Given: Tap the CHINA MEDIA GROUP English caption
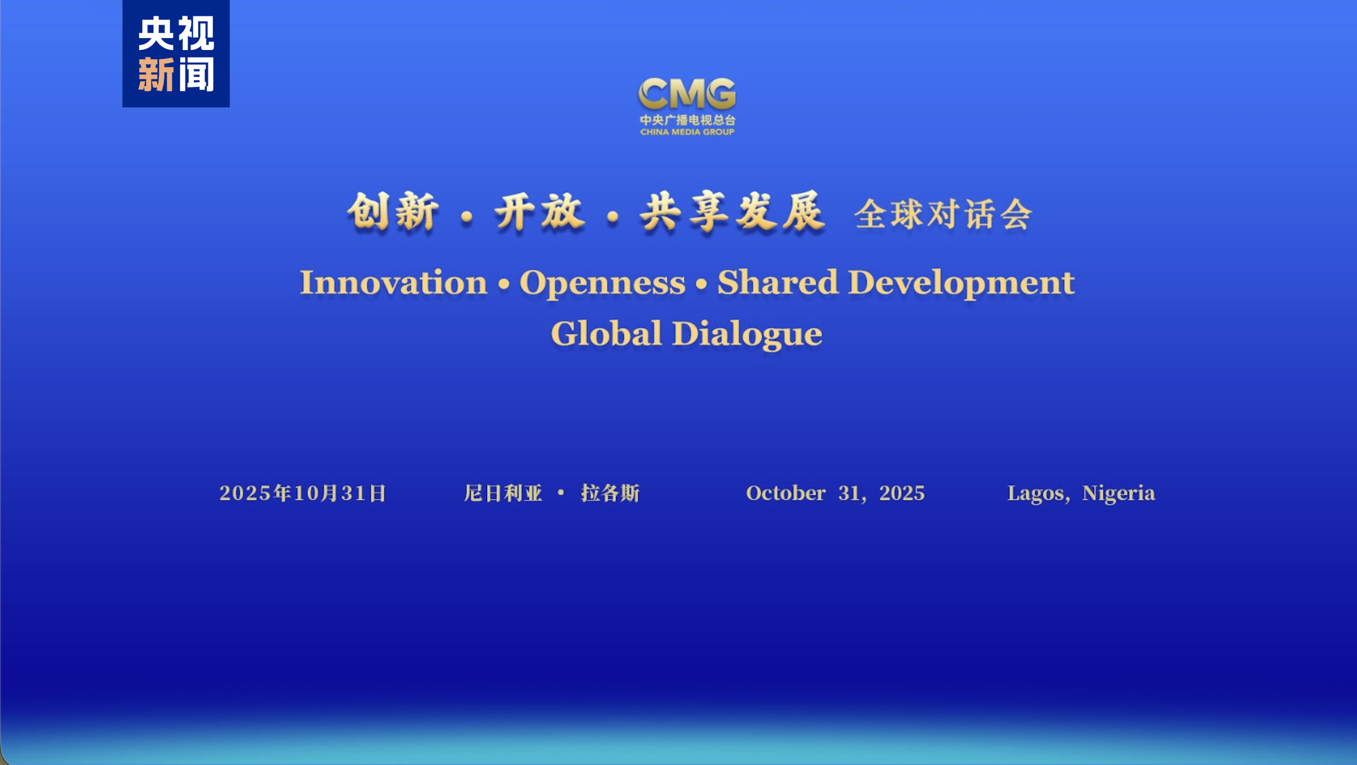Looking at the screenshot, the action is [x=687, y=132].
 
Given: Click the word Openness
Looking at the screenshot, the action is [x=602, y=283].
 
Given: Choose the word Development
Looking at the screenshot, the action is [x=961, y=283].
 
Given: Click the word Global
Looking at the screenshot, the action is [x=606, y=333].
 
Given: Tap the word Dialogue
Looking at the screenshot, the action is [x=747, y=334].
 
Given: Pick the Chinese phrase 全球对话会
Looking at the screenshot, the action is [x=943, y=214].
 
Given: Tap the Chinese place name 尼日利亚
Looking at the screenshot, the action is [x=503, y=493].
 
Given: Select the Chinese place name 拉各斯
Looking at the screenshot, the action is [x=610, y=493].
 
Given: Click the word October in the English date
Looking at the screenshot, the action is [x=786, y=493].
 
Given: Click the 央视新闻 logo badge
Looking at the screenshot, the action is [x=176, y=54].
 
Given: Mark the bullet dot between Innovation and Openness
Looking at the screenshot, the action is [x=504, y=284].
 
